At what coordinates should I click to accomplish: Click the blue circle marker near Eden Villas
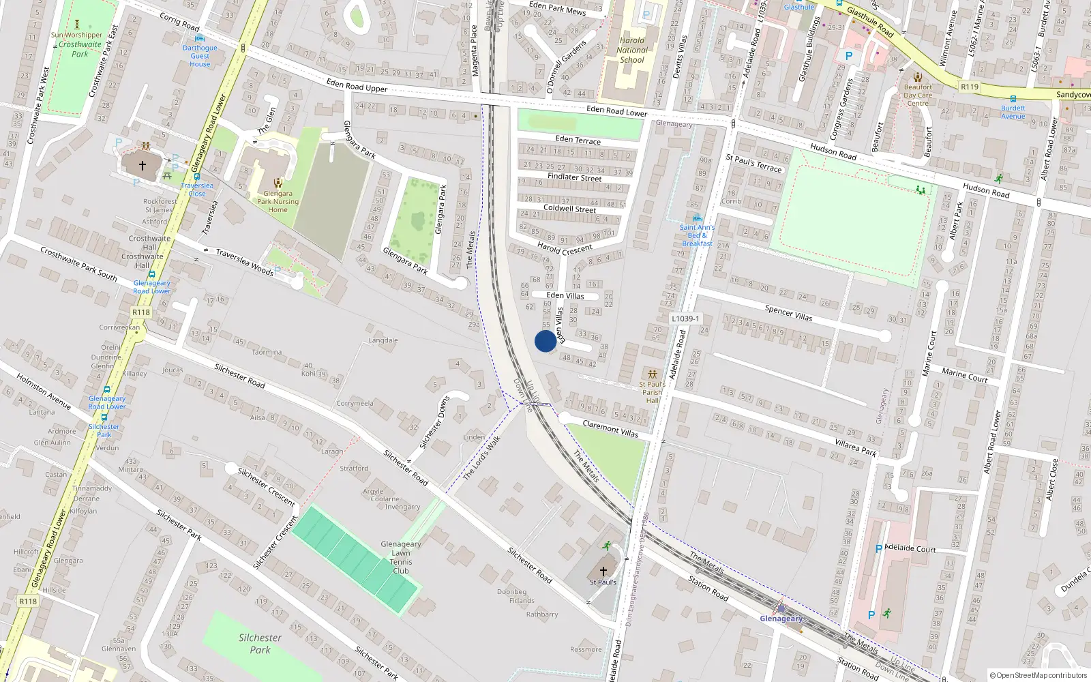pos(545,341)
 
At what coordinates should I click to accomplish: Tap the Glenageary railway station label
pos(781,619)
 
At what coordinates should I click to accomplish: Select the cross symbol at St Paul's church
pos(603,571)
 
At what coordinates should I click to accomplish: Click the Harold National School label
pos(632,50)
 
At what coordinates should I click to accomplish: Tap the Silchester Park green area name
pos(260,644)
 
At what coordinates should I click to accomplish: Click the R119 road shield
pos(969,87)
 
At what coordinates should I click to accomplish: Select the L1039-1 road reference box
pos(685,318)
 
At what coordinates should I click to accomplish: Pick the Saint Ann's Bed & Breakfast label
pos(697,235)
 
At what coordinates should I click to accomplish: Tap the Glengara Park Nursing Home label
pos(278,201)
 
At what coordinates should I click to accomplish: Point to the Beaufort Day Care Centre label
pos(918,95)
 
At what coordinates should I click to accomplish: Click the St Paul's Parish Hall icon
pos(653,374)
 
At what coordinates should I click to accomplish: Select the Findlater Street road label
pos(574,177)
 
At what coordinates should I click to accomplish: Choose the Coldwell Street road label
pos(569,209)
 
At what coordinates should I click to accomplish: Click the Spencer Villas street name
pos(788,313)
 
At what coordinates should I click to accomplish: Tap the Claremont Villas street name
pos(610,428)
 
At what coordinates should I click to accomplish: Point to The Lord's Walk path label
pos(481,457)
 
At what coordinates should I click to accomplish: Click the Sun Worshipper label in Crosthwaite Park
pos(76,35)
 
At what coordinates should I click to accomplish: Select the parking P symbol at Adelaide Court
pos(878,549)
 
